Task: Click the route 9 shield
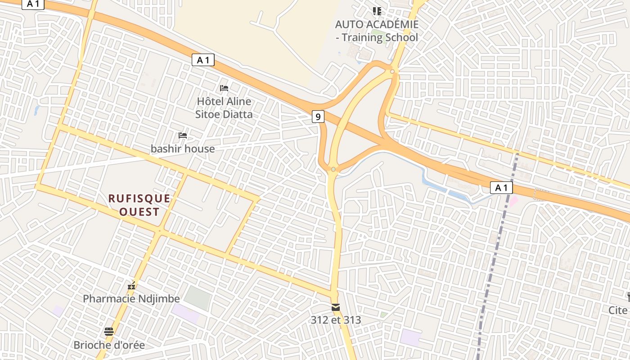(318, 117)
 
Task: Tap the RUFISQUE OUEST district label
(139, 205)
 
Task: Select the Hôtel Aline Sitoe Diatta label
(224, 108)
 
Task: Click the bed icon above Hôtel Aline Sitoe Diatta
(224, 88)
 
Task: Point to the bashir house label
(183, 148)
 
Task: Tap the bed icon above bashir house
(183, 135)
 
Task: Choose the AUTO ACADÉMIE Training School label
(377, 31)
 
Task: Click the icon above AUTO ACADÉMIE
(377, 11)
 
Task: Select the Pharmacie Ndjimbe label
(131, 298)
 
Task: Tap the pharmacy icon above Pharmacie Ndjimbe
(131, 285)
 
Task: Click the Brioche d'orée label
(109, 345)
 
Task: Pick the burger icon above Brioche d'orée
(109, 332)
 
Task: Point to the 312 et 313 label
(336, 320)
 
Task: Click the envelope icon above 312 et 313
(336, 307)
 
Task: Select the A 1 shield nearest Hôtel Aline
(203, 60)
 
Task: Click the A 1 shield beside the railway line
(501, 188)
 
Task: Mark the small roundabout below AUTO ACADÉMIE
(392, 72)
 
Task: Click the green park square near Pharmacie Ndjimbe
(197, 297)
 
